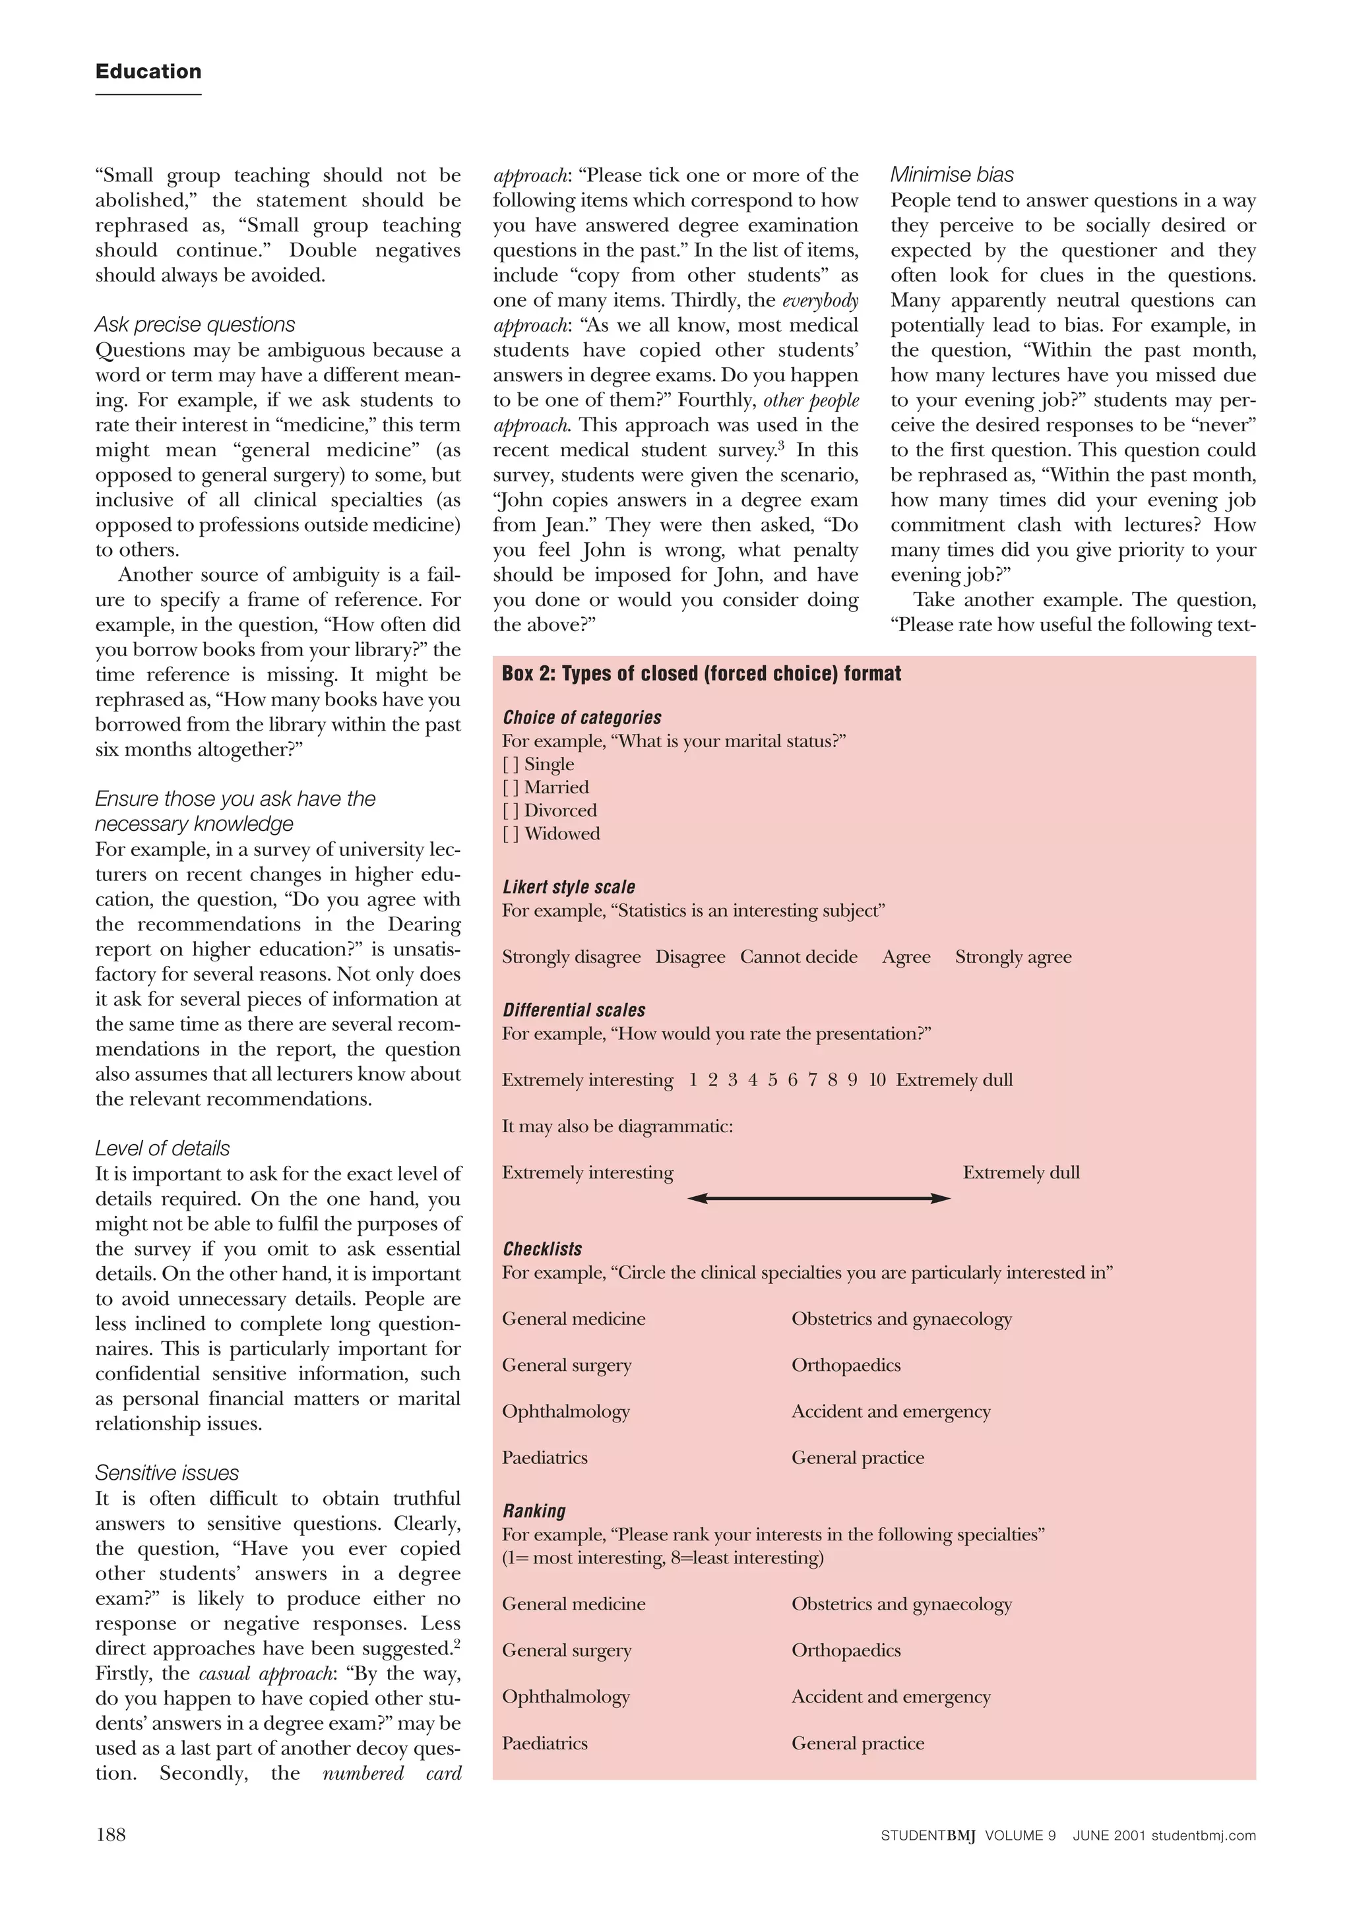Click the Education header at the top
(148, 71)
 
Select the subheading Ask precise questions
(195, 324)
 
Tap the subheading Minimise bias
(952, 175)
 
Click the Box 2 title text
(701, 673)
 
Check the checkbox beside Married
(510, 787)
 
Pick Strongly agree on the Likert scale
(1013, 957)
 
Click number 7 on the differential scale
(813, 1080)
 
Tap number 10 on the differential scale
(877, 1080)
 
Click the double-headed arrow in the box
(819, 1198)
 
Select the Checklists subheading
(542, 1249)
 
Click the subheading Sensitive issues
(166, 1472)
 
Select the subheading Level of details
(162, 1148)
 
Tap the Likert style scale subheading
(568, 887)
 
